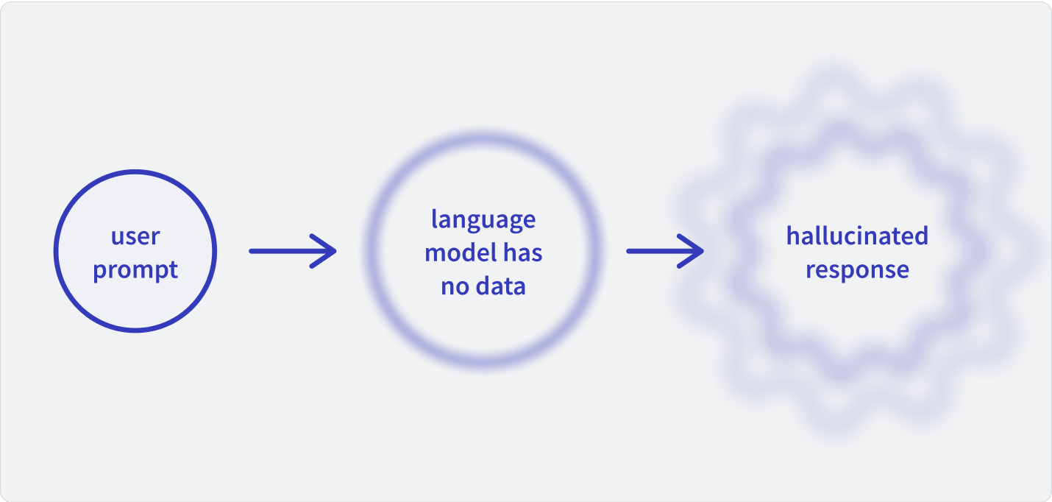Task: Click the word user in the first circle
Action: (x=135, y=237)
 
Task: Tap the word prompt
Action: (x=135, y=270)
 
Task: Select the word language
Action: (x=483, y=220)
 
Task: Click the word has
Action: (x=523, y=252)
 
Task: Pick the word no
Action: (x=455, y=287)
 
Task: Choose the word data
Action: (x=501, y=286)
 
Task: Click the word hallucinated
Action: (x=857, y=236)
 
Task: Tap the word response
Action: (x=857, y=270)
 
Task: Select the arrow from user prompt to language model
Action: (x=293, y=251)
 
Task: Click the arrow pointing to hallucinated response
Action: (x=665, y=251)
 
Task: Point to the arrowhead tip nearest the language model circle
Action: (x=335, y=251)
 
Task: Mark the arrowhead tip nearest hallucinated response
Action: (x=703, y=251)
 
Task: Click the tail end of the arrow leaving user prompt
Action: (x=251, y=251)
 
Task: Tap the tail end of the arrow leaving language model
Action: (x=628, y=251)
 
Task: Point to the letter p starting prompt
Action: (x=100, y=272)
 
